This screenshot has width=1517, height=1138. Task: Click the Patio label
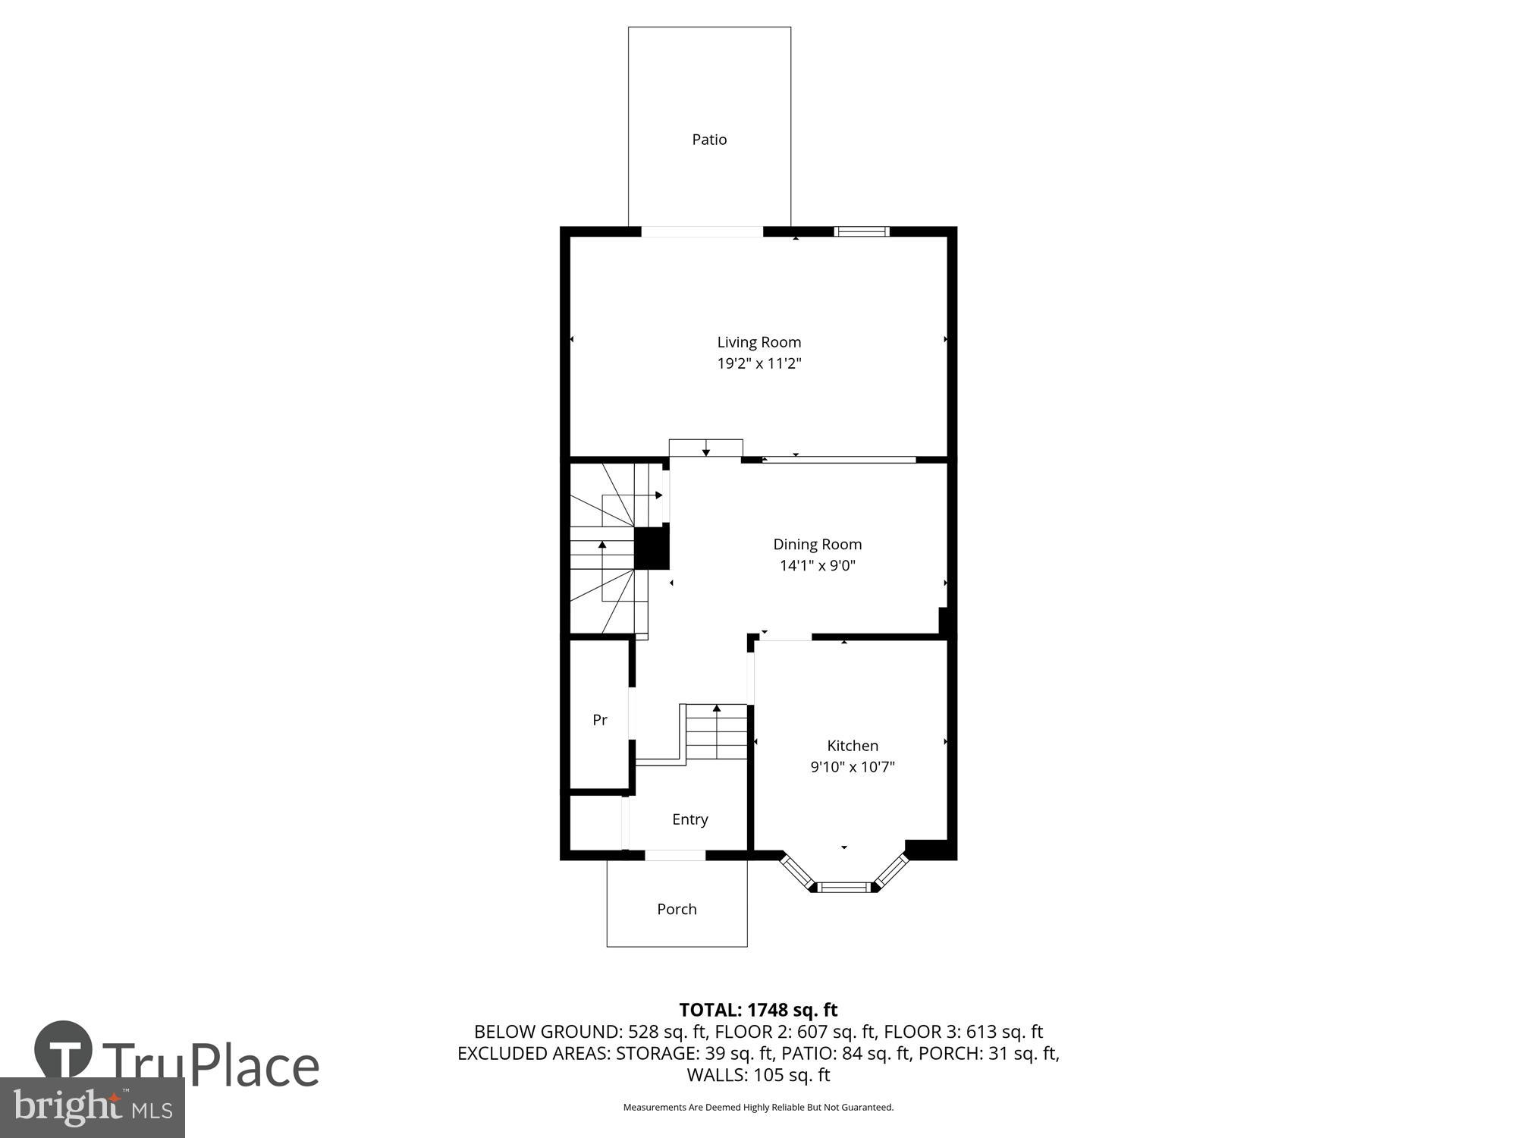pos(709,140)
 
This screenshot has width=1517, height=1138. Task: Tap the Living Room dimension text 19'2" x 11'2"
pos(759,363)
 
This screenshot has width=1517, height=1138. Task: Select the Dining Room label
pos(817,544)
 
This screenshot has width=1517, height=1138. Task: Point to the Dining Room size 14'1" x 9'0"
pos(817,565)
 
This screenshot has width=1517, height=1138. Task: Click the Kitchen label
pos(853,746)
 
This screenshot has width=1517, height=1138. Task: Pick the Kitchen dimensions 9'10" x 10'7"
pos(853,767)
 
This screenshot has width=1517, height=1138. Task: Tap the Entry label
pos(690,819)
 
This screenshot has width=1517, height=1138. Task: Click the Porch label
pos(677,909)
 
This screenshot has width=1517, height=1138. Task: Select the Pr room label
pos(599,720)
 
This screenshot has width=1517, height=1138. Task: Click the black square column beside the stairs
pos(652,549)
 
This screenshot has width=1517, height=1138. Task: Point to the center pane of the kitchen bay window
pos(844,886)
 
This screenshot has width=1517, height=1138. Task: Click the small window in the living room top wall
pos(862,231)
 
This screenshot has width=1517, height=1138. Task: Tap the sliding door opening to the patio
pos(702,231)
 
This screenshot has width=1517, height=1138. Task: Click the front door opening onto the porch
pos(675,855)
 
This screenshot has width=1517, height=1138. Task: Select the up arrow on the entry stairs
pos(717,709)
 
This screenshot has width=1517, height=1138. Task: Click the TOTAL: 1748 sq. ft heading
pos(758,1010)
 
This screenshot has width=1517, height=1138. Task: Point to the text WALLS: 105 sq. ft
pos(758,1075)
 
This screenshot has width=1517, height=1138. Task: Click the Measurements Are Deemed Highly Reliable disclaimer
pos(758,1108)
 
